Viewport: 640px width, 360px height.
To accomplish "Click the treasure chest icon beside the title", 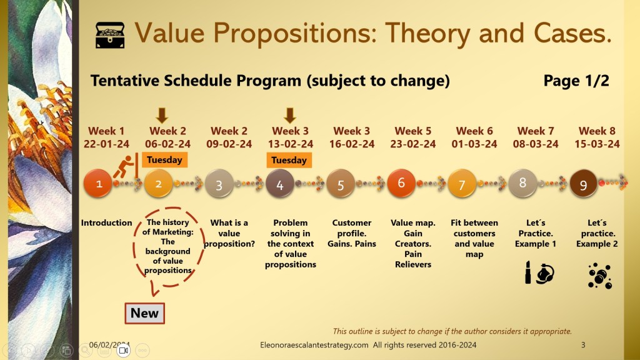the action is point(110,35).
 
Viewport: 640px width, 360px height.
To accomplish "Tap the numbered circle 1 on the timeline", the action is point(98,184).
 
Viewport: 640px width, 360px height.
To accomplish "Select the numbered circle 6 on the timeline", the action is point(401,183).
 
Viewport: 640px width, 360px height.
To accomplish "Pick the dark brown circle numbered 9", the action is point(583,184).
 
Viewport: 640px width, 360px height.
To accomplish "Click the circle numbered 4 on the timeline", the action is point(279,184).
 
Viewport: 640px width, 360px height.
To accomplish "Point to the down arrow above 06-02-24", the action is point(162,116).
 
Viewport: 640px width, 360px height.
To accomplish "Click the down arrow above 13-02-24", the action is point(290,116).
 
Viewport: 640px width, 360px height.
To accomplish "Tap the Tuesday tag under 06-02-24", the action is point(164,159).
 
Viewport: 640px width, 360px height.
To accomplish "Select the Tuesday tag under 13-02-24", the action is point(289,160).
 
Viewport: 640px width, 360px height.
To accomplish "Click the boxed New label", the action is point(144,313).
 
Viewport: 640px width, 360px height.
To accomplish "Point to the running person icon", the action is point(124,166).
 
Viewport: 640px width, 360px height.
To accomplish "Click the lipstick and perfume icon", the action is point(539,272).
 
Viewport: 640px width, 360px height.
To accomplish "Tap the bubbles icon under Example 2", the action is point(599,276).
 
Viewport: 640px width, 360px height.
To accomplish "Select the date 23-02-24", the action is point(413,144).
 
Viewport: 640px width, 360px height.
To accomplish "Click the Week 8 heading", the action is point(597,131).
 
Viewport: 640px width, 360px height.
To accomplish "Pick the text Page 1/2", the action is point(576,81).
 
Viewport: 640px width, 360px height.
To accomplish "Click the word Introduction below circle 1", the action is point(106,223).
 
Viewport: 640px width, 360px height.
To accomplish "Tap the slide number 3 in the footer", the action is point(583,345).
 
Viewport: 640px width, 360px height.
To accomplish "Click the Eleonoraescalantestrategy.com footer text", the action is point(314,345).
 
